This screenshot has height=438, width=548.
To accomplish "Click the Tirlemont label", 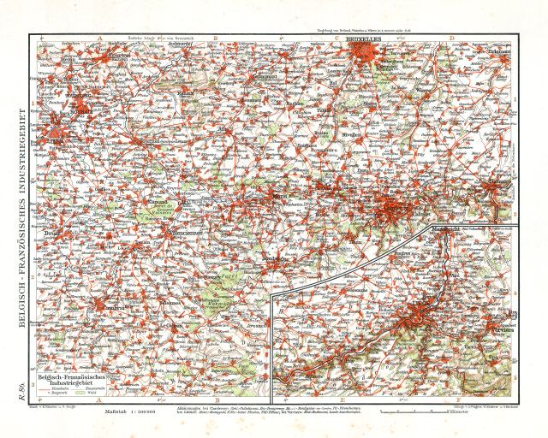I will point(498,52).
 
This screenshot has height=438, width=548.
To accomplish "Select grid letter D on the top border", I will point(451,37).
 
